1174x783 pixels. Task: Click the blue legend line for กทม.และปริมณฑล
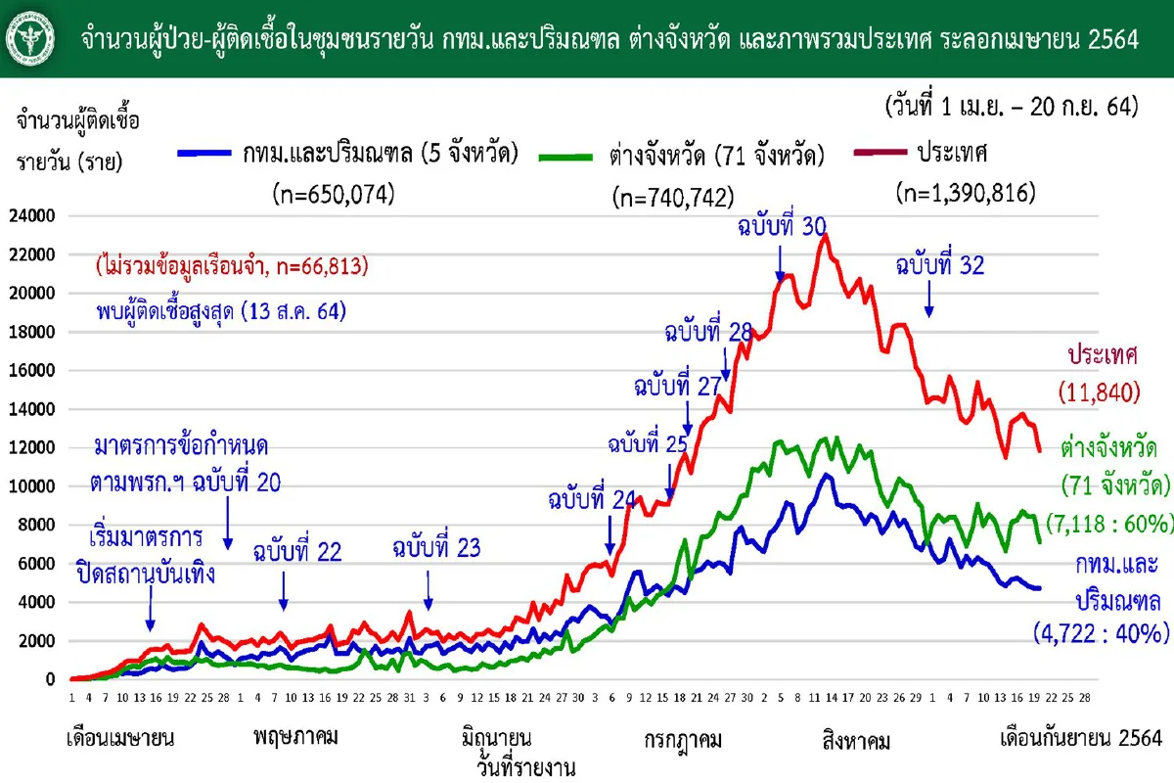point(206,154)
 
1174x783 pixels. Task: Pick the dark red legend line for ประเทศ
point(880,153)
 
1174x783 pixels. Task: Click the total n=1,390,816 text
point(966,194)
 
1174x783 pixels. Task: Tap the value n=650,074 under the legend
point(333,195)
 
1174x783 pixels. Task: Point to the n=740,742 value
point(672,197)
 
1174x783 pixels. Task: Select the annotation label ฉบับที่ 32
point(940,264)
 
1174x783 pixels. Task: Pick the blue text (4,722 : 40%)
point(1102,633)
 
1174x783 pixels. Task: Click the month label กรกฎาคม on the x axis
point(683,739)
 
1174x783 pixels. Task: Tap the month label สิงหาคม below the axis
point(856,741)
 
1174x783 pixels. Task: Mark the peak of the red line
point(827,235)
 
